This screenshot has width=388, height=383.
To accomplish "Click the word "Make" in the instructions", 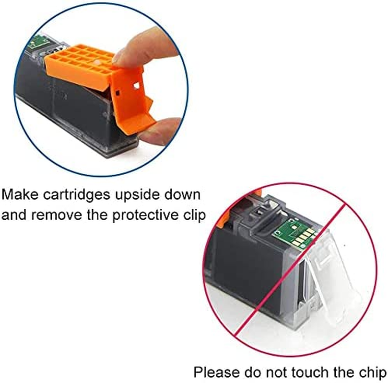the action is pyautogui.click(x=20, y=194).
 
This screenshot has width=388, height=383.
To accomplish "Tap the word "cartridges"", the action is pyautogui.click(x=76, y=195).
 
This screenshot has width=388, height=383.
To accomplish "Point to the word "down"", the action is pyautogui.click(x=182, y=194).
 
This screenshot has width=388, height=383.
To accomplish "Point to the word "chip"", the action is pyautogui.click(x=373, y=373).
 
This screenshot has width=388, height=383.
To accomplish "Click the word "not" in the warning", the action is pyautogui.click(x=276, y=373).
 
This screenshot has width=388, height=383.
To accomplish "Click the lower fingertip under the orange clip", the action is pyautogui.click(x=161, y=130).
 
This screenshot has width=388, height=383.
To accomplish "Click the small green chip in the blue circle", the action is pyautogui.click(x=37, y=43).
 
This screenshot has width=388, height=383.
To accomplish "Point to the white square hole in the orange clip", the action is pyautogui.click(x=136, y=86).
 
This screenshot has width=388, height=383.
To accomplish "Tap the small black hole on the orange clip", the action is pyautogui.click(x=118, y=93).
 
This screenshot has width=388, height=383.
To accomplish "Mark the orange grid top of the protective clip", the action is pyautogui.click(x=79, y=62).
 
